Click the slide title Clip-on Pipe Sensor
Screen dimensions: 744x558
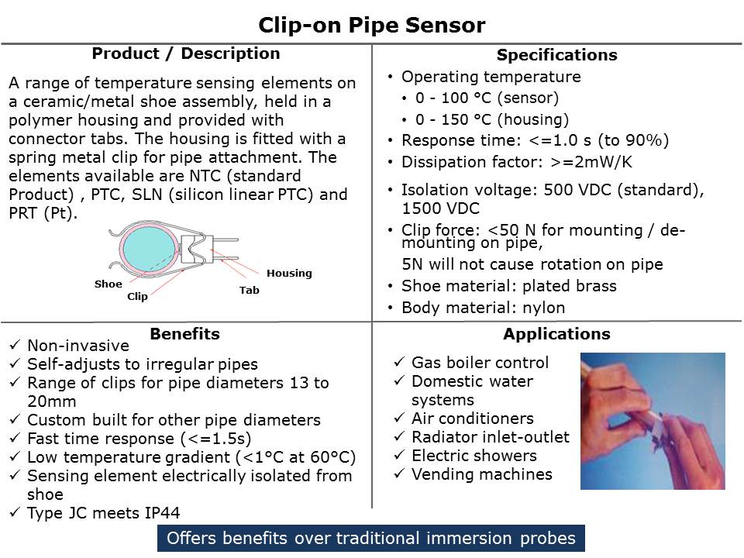[371, 25]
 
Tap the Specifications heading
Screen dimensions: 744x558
[557, 55]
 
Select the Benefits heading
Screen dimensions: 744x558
[185, 333]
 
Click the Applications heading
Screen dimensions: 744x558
[557, 334]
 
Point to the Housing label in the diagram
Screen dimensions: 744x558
[289, 274]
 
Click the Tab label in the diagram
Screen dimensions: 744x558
[249, 290]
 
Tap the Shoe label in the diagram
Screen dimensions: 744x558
[108, 284]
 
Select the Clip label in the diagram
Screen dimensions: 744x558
[137, 296]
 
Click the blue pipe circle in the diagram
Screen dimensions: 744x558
[150, 248]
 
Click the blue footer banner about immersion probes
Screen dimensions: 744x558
[371, 538]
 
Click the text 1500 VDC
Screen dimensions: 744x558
[441, 208]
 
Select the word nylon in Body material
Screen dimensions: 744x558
[544, 308]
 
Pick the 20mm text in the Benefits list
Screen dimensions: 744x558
[52, 401]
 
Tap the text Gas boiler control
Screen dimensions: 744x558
[480, 363]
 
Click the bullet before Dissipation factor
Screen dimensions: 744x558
[390, 163]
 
